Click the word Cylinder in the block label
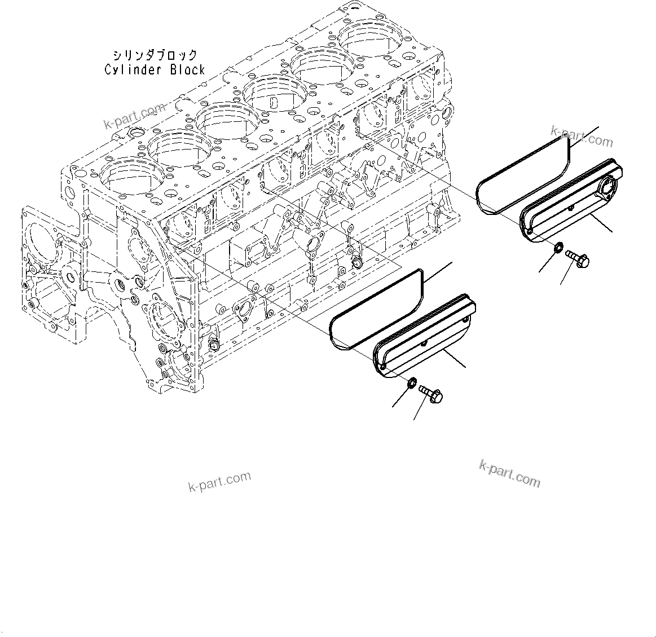(x=129, y=70)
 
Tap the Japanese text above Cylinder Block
(x=154, y=55)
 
